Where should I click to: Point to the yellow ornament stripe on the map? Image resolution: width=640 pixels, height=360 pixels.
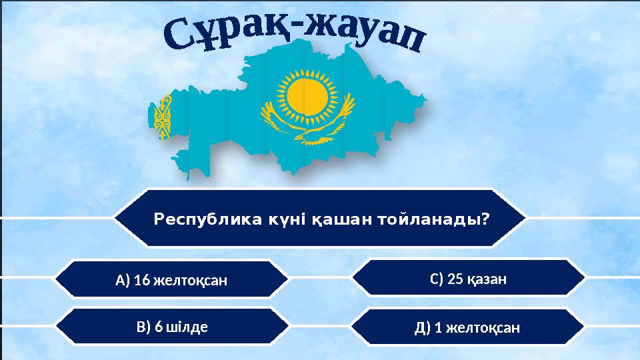pyautogui.click(x=162, y=117)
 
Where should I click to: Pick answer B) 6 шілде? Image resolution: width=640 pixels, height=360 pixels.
pyautogui.click(x=172, y=327)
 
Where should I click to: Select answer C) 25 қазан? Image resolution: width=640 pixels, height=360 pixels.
pyautogui.click(x=469, y=279)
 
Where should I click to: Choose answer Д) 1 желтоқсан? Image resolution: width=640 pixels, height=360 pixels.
pyautogui.click(x=467, y=328)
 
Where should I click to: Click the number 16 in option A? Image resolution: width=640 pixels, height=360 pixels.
pyautogui.click(x=141, y=280)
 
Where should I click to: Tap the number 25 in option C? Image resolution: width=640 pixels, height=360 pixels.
pyautogui.click(x=455, y=279)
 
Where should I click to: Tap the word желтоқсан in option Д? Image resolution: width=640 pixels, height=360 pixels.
pyautogui.click(x=483, y=328)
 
